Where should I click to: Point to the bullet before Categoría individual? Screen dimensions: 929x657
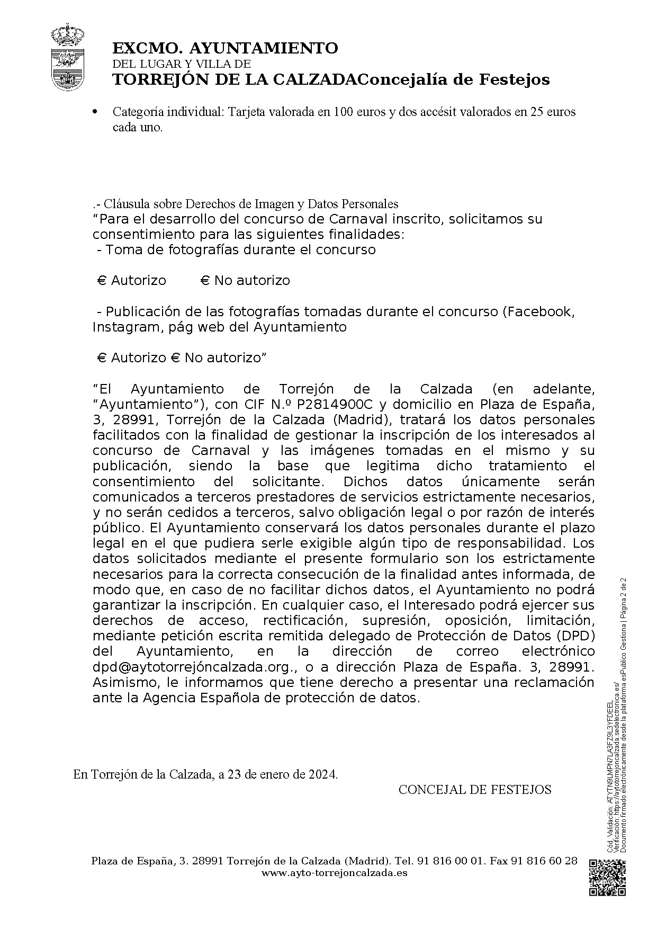(x=95, y=112)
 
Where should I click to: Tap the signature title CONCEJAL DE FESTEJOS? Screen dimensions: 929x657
(x=474, y=790)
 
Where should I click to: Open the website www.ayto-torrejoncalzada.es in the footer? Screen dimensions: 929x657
(x=334, y=873)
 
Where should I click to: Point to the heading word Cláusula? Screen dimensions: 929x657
(x=123, y=203)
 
